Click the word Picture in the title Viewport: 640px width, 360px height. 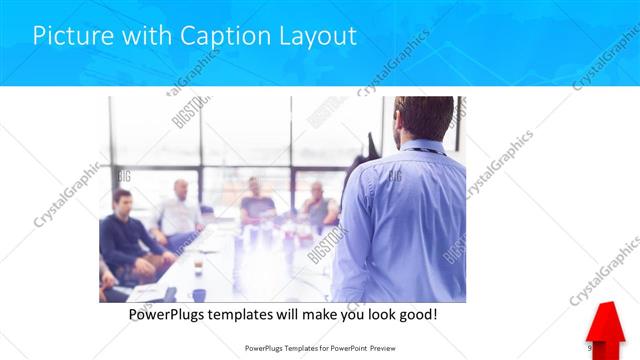[x=71, y=36]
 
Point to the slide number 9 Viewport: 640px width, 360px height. [x=591, y=348]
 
